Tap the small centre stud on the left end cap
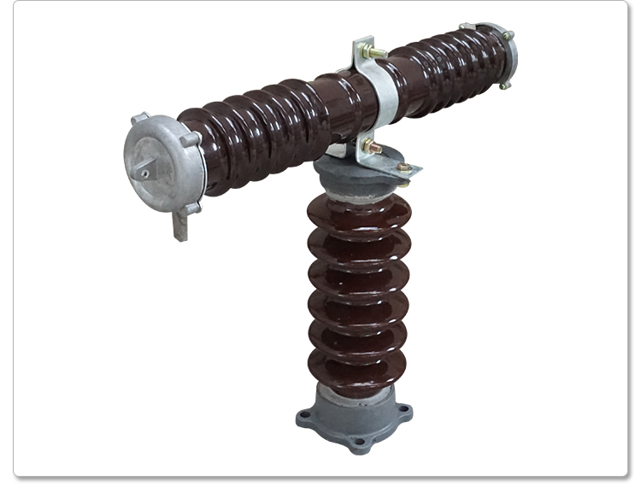(144, 173)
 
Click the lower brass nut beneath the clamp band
(373, 148)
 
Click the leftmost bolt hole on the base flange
(303, 420)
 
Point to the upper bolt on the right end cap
(508, 36)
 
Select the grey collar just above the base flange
(352, 396)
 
